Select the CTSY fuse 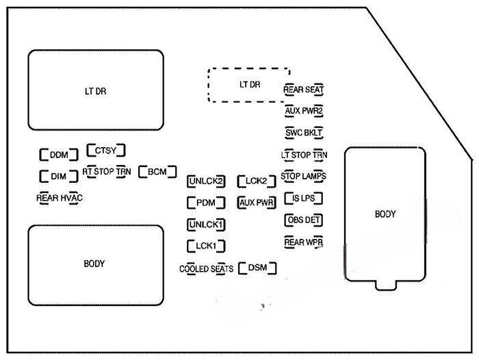click(x=106, y=151)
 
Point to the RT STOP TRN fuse click(x=107, y=172)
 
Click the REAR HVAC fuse click(x=60, y=198)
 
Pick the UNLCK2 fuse click(x=206, y=181)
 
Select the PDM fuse click(x=206, y=203)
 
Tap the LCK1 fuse click(x=206, y=246)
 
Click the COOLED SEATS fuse click(x=206, y=269)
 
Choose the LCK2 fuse click(x=256, y=181)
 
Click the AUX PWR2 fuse click(x=304, y=110)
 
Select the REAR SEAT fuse click(x=304, y=90)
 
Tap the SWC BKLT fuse click(x=304, y=132)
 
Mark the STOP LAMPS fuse click(x=304, y=177)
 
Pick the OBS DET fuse click(x=304, y=220)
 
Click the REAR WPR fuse click(x=304, y=242)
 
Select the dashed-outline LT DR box click(x=249, y=85)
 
